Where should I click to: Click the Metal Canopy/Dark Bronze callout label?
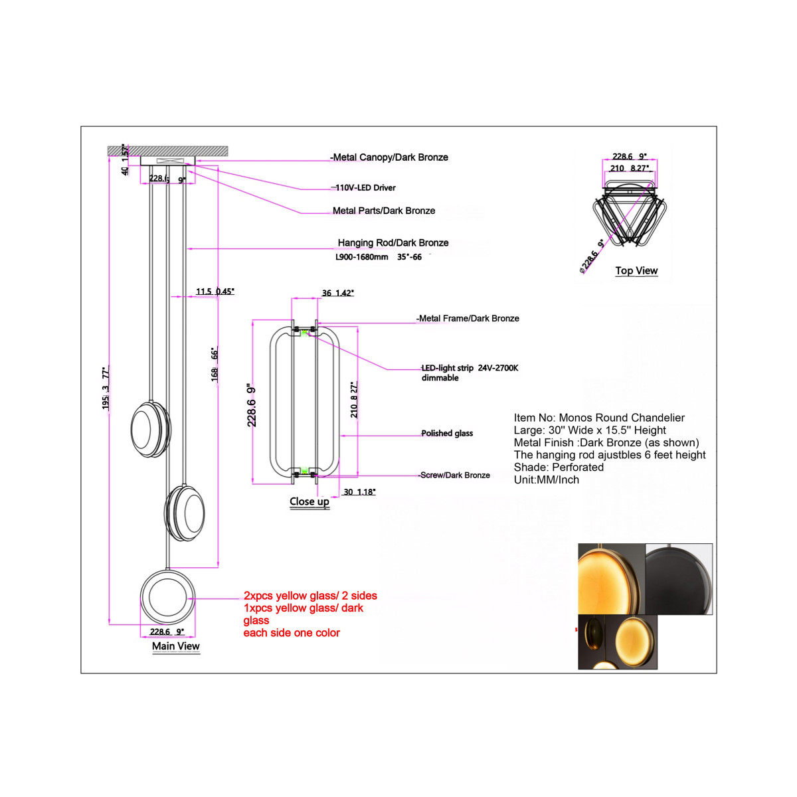391,157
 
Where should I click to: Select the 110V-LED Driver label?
365,188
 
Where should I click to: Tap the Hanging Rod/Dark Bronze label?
393,243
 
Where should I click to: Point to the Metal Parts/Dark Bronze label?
384,211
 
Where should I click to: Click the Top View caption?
636,271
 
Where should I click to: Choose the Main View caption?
175,646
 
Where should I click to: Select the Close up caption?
310,502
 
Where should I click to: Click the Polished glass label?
447,434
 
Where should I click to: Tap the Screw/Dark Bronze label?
455,476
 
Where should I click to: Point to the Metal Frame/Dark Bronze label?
469,319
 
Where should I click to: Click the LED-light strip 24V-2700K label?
470,368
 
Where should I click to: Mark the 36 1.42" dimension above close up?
338,293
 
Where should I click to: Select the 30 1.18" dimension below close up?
359,492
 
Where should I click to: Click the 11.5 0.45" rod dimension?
215,292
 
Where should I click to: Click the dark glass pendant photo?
679,578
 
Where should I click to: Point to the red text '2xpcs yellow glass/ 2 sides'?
310,596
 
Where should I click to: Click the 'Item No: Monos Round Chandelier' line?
599,418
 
